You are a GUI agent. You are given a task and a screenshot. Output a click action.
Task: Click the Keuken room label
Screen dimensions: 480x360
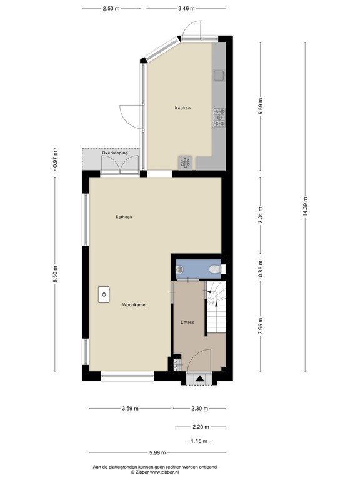pyautogui.click(x=182, y=108)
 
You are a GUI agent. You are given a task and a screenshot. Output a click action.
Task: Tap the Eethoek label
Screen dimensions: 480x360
pyautogui.click(x=124, y=217)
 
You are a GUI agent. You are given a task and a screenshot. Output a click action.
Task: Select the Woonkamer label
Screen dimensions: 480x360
pyautogui.click(x=134, y=305)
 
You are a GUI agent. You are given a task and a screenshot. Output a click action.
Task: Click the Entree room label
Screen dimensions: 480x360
pyautogui.click(x=188, y=322)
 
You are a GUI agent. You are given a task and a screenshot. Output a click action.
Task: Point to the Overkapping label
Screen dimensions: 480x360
pyautogui.click(x=115, y=152)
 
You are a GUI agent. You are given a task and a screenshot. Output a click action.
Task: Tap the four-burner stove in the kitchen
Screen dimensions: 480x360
pyautogui.click(x=220, y=117)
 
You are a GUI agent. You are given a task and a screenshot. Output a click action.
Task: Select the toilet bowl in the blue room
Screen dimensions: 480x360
pyautogui.click(x=214, y=269)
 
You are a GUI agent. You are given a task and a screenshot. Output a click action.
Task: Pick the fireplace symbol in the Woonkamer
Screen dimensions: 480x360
pyautogui.click(x=103, y=294)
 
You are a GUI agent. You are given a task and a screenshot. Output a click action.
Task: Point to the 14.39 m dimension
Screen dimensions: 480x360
pyautogui.click(x=306, y=206)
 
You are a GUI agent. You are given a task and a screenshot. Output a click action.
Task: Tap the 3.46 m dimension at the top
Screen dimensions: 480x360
pyautogui.click(x=186, y=9)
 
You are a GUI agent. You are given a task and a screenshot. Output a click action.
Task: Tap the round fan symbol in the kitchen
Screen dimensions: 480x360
pyautogui.click(x=186, y=162)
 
